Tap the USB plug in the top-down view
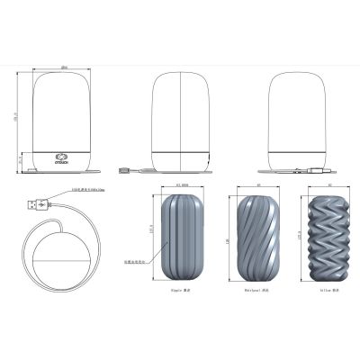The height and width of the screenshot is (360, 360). point(34,205)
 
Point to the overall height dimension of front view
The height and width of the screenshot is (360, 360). point(15,117)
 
